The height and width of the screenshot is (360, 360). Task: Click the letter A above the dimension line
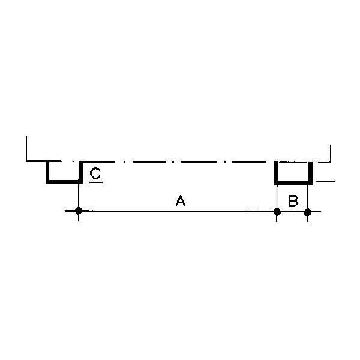(181, 200)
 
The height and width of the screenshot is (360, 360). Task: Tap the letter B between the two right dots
(293, 201)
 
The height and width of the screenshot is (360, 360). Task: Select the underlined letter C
(95, 173)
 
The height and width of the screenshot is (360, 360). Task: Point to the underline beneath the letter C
(96, 182)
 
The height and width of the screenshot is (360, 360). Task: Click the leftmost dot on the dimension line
(79, 211)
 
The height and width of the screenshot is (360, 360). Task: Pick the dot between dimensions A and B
(277, 212)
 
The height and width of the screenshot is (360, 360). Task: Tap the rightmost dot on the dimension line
(307, 212)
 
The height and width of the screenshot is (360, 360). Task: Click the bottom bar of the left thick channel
(64, 182)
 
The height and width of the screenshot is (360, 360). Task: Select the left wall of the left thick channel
(47, 172)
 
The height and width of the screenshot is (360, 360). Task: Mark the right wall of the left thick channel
(80, 172)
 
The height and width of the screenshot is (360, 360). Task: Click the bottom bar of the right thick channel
(293, 182)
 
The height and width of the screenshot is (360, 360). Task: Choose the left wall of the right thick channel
(275, 172)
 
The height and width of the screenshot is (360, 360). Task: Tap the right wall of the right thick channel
(311, 173)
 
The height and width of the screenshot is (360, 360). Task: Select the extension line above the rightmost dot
(308, 197)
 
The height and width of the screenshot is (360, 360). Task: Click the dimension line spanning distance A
(178, 211)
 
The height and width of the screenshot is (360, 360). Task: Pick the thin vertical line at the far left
(26, 149)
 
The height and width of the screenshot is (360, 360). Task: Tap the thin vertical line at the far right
(330, 154)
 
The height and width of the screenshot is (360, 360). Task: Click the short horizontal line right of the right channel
(326, 182)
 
